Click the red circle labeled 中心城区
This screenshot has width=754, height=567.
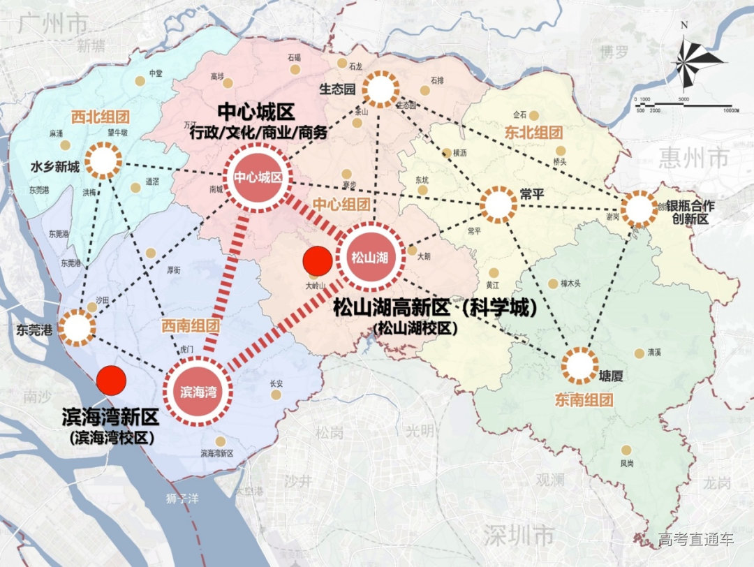click(258, 178)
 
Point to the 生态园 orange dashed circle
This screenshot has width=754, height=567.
click(378, 89)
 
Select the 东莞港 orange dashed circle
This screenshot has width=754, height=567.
click(77, 328)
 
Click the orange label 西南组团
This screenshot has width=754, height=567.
click(191, 325)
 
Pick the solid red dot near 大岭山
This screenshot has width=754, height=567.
click(318, 262)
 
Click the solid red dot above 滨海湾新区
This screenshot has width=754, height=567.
click(112, 380)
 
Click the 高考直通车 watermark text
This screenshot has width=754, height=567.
click(695, 539)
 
